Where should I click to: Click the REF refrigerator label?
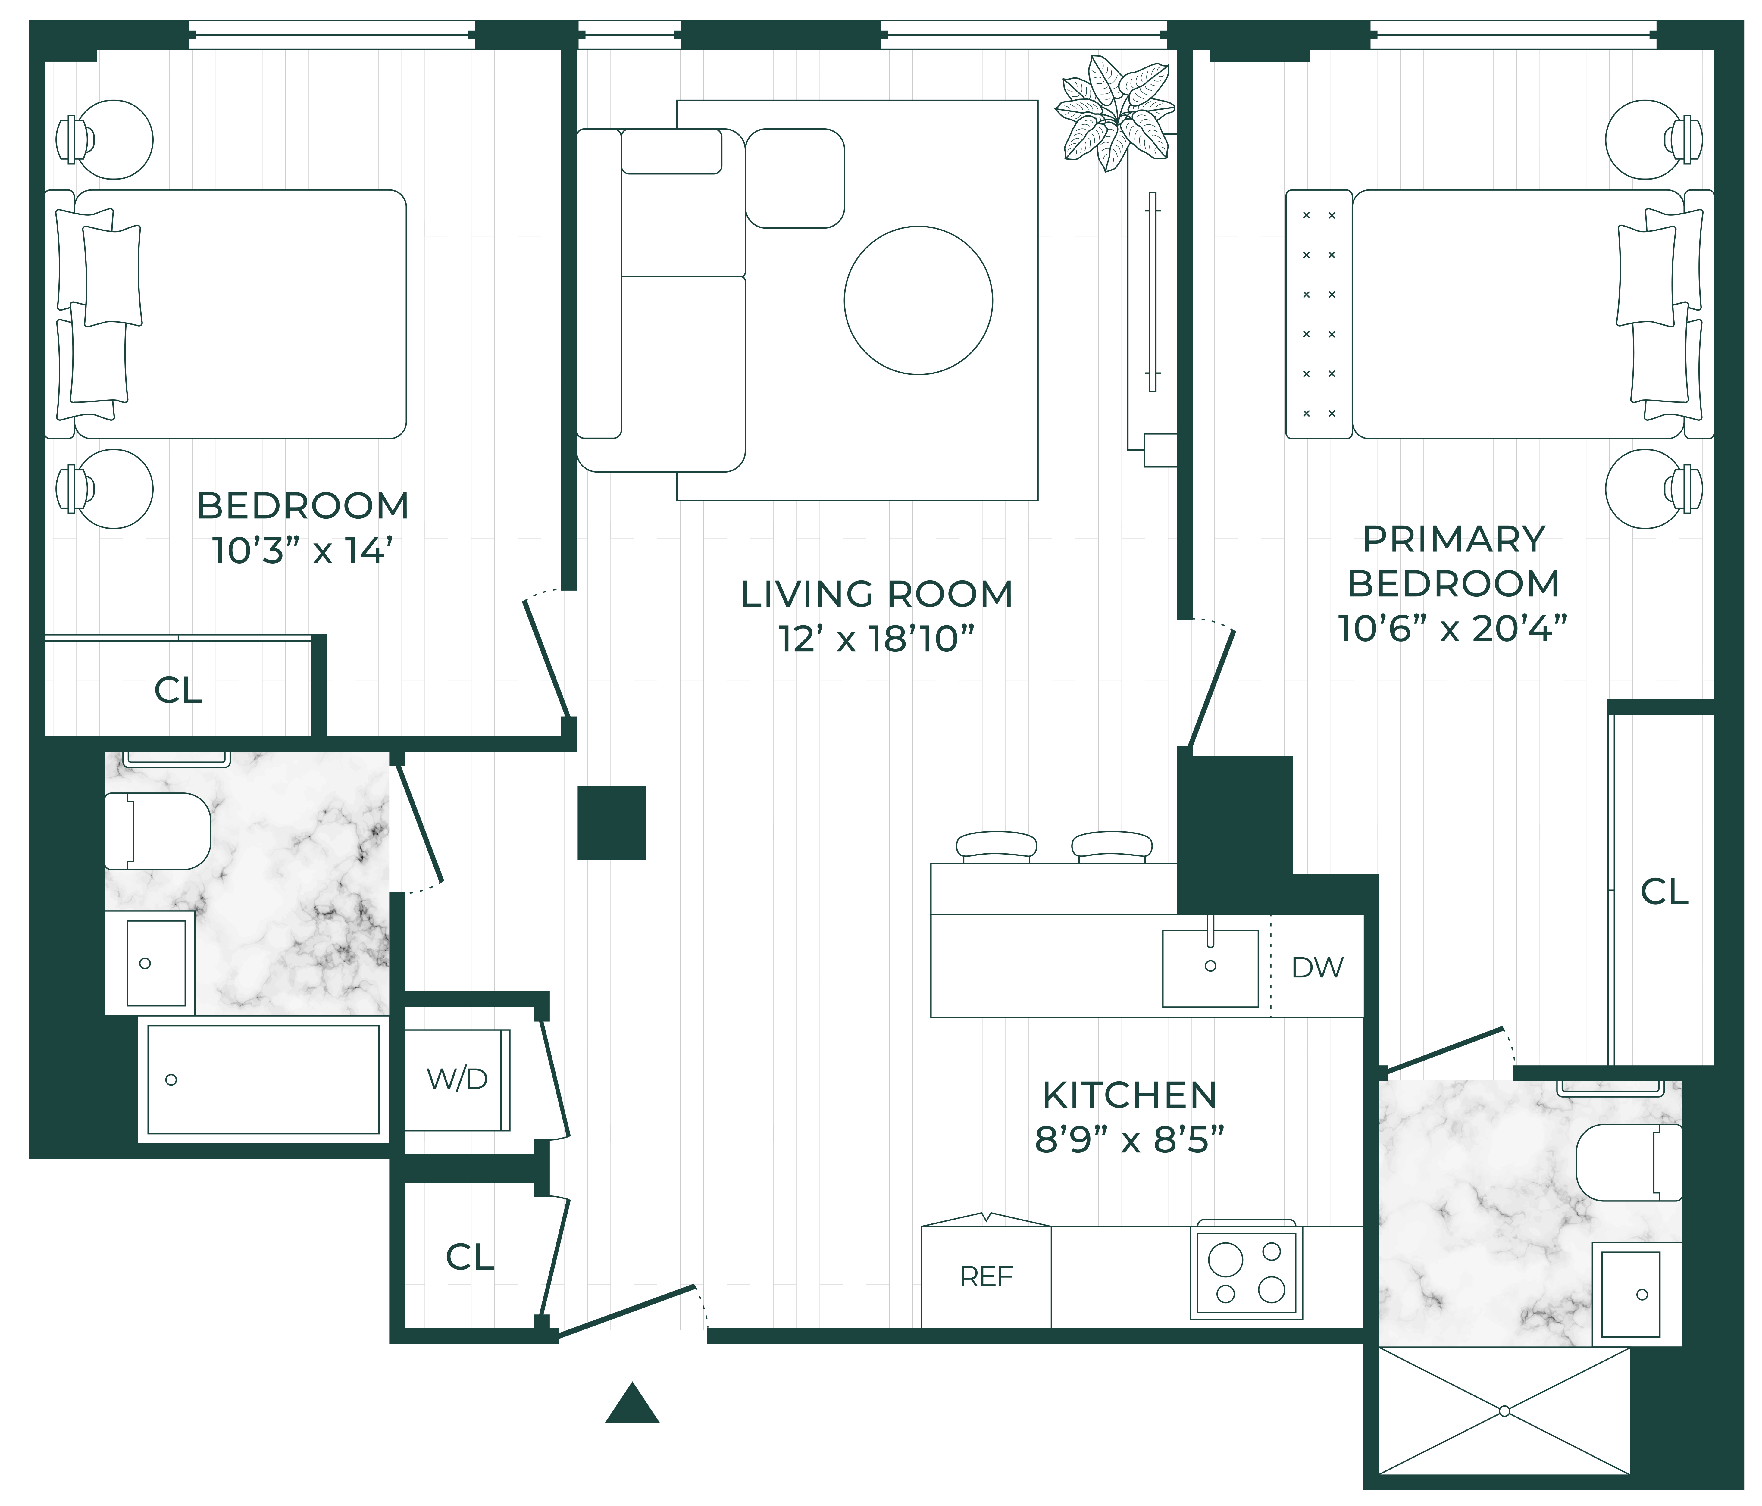point(987,1276)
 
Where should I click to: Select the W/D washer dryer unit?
point(458,1080)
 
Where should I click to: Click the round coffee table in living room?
point(919,300)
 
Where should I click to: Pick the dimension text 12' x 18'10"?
point(876,639)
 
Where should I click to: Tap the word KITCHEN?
point(1129,1095)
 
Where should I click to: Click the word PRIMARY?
point(1454,539)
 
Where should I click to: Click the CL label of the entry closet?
point(469,1257)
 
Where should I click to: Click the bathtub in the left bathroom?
point(264,1079)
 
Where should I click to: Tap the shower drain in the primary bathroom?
point(1504,1411)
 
